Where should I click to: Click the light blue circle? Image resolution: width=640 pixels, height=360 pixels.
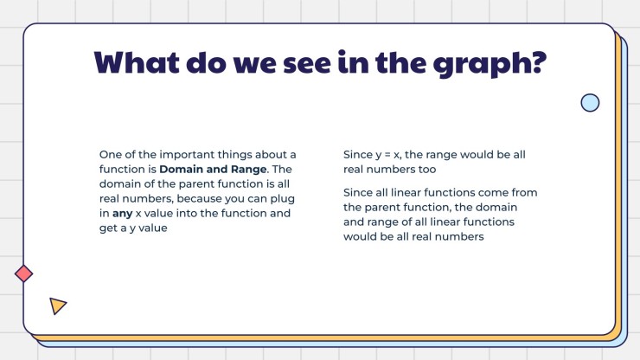[x=590, y=103]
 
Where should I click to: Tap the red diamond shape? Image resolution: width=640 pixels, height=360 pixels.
[x=24, y=273]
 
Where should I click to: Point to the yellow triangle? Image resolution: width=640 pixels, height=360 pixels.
[x=57, y=305]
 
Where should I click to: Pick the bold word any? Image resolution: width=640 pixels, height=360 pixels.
[x=121, y=212]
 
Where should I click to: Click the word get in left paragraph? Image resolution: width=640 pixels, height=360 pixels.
[x=110, y=227]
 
